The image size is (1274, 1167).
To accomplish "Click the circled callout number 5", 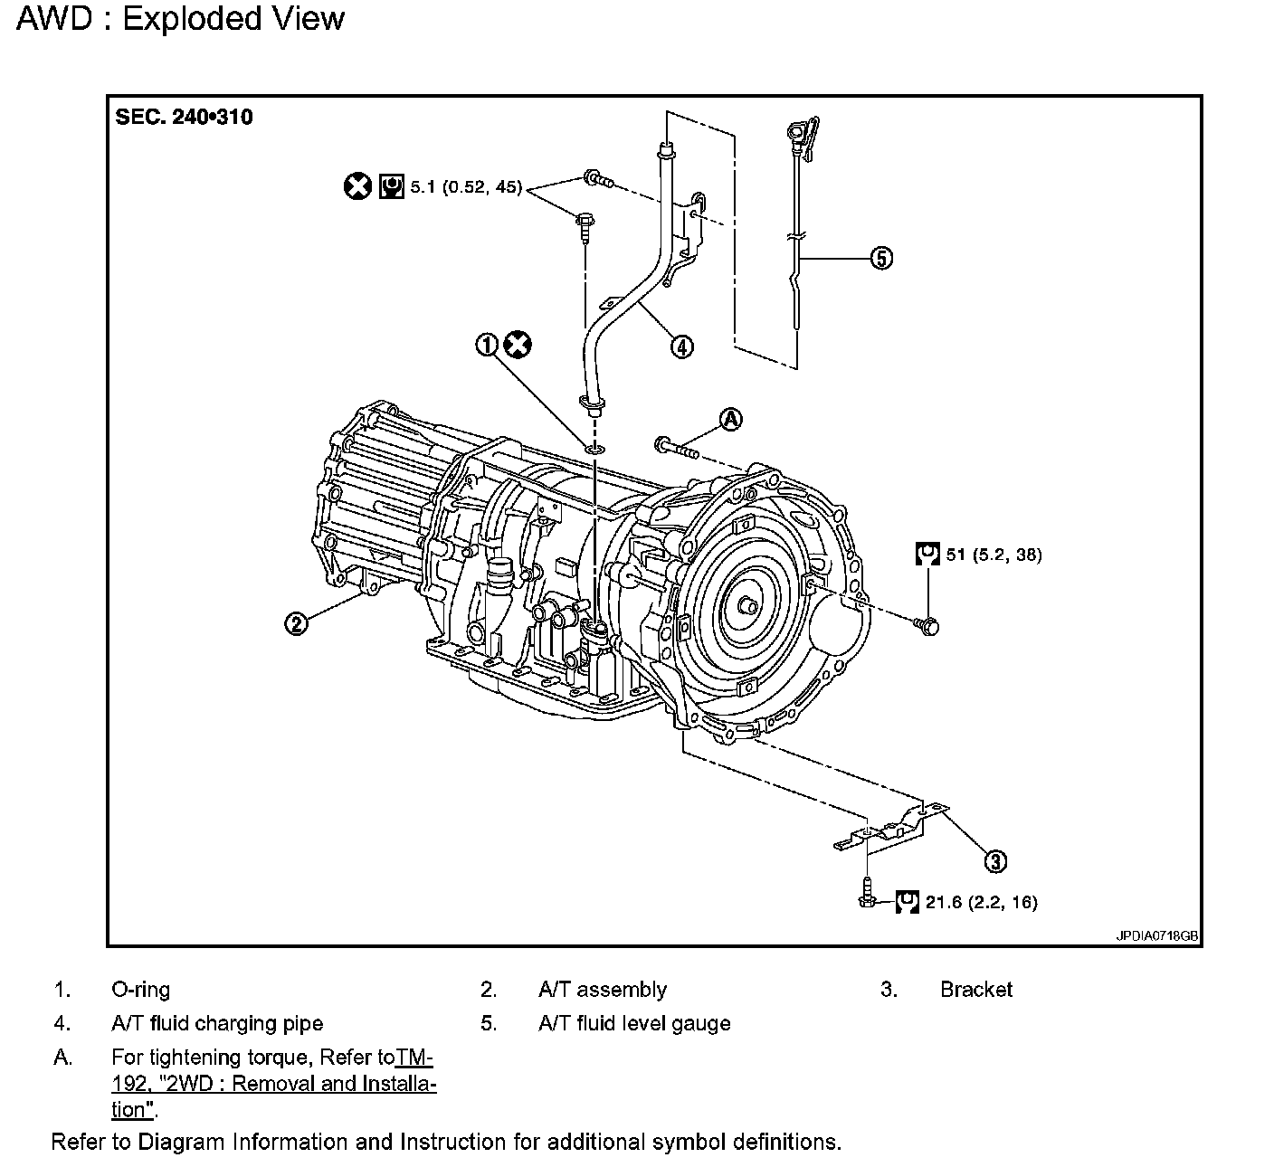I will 880,258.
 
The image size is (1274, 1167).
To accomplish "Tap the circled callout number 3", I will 995,861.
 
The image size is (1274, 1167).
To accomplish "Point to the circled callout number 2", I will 296,622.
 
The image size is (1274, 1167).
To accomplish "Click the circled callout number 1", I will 489,345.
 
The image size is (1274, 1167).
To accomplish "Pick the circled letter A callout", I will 730,419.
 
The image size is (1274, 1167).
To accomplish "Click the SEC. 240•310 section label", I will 184,118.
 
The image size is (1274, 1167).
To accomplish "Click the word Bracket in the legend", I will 975,990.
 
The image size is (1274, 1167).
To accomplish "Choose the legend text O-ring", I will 140,990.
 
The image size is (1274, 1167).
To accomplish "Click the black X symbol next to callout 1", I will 518,345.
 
